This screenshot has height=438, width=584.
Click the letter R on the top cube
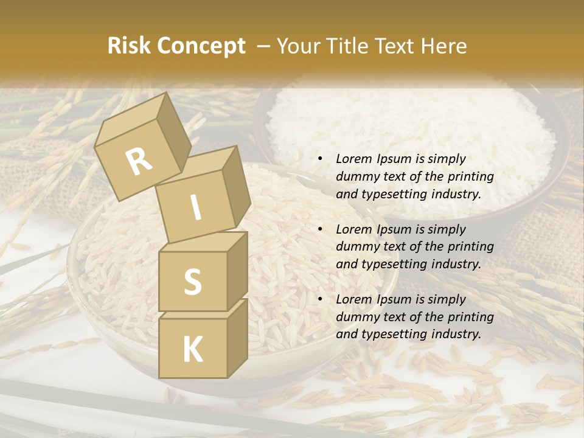click(139, 162)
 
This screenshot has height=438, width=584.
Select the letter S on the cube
click(192, 282)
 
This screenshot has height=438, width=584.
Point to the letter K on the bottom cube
click(192, 350)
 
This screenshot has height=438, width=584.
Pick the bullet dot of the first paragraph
click(320, 159)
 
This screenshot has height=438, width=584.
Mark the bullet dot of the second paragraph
click(320, 230)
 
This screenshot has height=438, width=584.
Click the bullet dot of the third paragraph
click(320, 300)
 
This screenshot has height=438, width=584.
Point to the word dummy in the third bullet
click(355, 317)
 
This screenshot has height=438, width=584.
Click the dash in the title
click(263, 46)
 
